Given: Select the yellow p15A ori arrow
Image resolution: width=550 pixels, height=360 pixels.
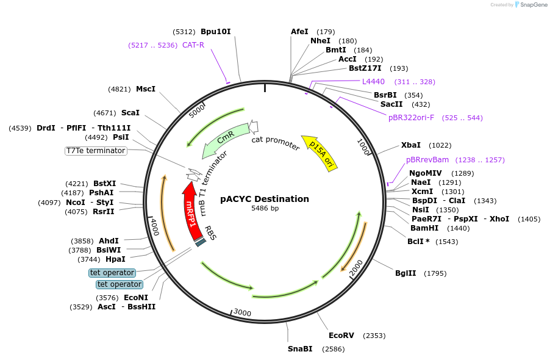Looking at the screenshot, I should pyautogui.click(x=320, y=153).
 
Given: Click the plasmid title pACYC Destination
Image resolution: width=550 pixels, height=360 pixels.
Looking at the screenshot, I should pyautogui.click(x=265, y=199).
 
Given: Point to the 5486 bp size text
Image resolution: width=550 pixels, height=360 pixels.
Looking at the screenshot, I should pyautogui.click(x=265, y=209).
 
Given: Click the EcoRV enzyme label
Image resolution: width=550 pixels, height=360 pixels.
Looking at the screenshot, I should pyautogui.click(x=341, y=336).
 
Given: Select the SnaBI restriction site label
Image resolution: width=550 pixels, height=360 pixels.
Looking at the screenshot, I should pyautogui.click(x=300, y=349).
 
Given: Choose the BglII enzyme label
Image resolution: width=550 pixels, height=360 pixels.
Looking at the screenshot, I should pyautogui.click(x=405, y=273).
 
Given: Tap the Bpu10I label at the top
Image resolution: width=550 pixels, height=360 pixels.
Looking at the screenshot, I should pyautogui.click(x=216, y=32).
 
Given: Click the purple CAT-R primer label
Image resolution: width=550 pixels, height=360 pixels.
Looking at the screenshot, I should pyautogui.click(x=193, y=45).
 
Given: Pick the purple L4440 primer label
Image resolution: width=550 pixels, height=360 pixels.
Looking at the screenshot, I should pyautogui.click(x=373, y=82).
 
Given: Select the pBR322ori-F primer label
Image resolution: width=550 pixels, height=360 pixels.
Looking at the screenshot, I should pyautogui.click(x=411, y=118).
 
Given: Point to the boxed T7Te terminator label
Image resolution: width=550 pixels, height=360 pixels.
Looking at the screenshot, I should pyautogui.click(x=96, y=151).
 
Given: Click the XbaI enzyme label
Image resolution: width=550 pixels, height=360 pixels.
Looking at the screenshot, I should pyautogui.click(x=410, y=145).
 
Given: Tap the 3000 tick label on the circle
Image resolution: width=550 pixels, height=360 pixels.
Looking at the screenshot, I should pyautogui.click(x=242, y=313).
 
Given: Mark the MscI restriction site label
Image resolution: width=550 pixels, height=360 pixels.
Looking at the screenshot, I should pyautogui.click(x=146, y=89).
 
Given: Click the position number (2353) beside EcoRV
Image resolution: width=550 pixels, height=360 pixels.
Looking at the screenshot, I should pyautogui.click(x=374, y=336).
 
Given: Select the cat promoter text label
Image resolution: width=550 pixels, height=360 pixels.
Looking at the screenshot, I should pyautogui.click(x=276, y=143).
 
